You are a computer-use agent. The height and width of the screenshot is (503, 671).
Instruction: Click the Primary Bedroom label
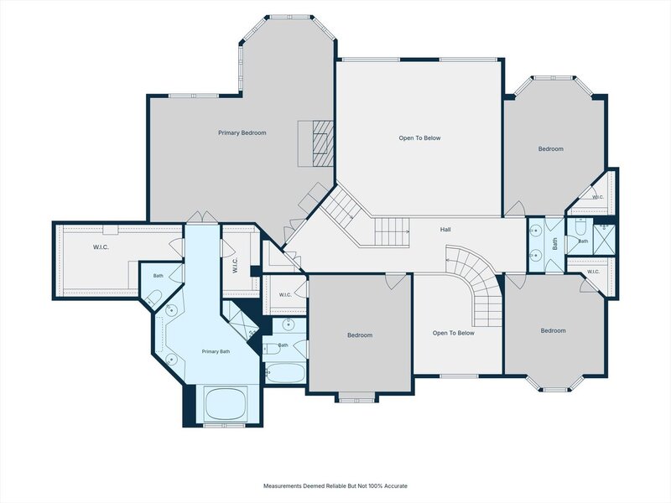coord(242,133)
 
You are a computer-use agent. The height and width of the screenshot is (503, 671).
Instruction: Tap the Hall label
coord(445,230)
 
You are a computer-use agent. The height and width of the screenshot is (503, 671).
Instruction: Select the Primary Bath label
coord(216,351)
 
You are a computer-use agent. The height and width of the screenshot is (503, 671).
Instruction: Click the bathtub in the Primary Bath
coord(226,404)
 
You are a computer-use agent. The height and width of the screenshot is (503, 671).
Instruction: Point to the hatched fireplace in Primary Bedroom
coord(323,143)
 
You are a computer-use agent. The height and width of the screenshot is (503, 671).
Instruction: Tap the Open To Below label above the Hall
coord(419,138)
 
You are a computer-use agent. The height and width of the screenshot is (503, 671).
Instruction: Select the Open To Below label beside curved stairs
coord(453,333)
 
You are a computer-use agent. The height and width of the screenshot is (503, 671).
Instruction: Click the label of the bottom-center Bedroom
coord(360,335)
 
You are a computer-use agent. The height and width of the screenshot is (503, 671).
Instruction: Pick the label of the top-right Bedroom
coord(551,149)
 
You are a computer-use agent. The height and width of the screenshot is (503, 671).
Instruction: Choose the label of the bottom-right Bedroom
coord(553,331)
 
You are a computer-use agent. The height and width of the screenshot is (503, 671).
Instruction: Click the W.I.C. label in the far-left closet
coord(101,247)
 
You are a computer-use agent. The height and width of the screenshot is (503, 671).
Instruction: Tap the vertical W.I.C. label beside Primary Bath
coord(235,266)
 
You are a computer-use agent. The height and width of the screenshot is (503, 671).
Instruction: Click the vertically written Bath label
coord(555,244)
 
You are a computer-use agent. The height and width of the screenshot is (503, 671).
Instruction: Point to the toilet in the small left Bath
coord(153,298)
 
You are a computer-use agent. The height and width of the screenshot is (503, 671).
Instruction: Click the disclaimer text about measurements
coord(335,486)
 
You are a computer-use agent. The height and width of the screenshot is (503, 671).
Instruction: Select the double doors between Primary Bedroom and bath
coord(201,217)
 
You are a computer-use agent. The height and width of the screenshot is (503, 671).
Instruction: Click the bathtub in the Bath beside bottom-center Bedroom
coord(285,373)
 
